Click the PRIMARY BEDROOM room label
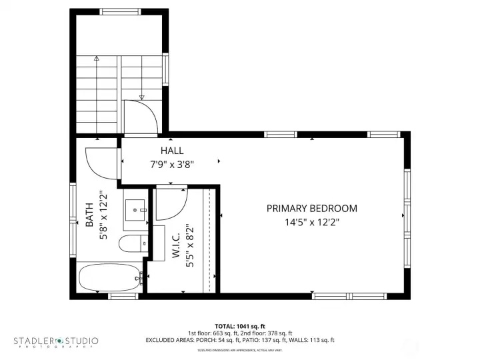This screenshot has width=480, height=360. (x=311, y=208)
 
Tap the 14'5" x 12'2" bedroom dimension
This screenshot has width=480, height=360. (x=311, y=223)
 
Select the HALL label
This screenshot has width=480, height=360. (x=171, y=151)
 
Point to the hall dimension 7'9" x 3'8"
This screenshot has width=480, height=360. (x=171, y=163)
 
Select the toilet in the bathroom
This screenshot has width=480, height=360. (x=131, y=244)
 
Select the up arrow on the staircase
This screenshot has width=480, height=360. (x=97, y=59)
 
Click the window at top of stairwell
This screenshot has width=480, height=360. (x=120, y=11)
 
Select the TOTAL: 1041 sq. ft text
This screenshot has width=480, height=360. (x=239, y=326)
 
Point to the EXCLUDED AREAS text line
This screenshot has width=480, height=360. (x=239, y=340)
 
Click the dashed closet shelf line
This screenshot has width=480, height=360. (x=211, y=240)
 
